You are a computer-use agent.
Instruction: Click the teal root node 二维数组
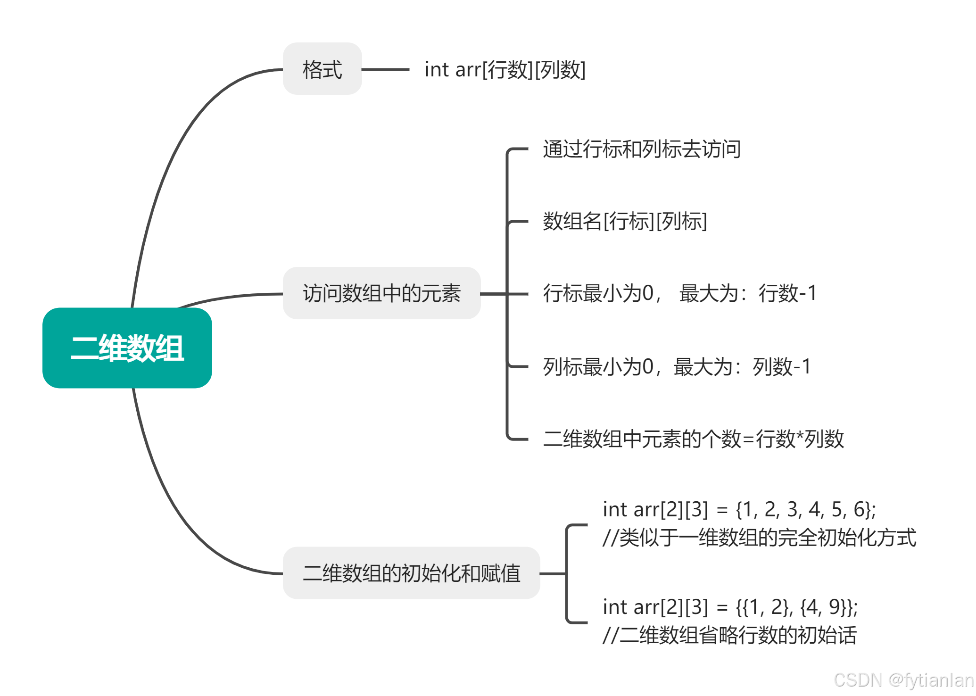[127, 348]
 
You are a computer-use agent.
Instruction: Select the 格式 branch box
[322, 69]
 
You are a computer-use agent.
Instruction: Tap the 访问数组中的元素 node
[381, 293]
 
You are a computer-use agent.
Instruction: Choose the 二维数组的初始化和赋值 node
[411, 573]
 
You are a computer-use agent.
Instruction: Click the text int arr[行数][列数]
[505, 70]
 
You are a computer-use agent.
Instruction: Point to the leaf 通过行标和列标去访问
[642, 149]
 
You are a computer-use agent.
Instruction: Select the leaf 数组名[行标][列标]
[625, 221]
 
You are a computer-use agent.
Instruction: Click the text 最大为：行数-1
[748, 293]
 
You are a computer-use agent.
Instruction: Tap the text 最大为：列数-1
[742, 367]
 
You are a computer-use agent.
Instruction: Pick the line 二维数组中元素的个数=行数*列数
[693, 439]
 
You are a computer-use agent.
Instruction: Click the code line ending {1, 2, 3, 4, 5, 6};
[739, 509]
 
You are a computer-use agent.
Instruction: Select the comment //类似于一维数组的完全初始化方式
[759, 538]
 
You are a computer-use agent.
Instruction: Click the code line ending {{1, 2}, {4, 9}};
[730, 607]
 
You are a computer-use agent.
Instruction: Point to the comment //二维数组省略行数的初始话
[729, 635]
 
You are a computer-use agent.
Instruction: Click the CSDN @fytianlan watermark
[903, 680]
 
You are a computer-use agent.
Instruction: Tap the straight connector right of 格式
[385, 70]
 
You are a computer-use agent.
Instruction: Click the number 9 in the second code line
[835, 607]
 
